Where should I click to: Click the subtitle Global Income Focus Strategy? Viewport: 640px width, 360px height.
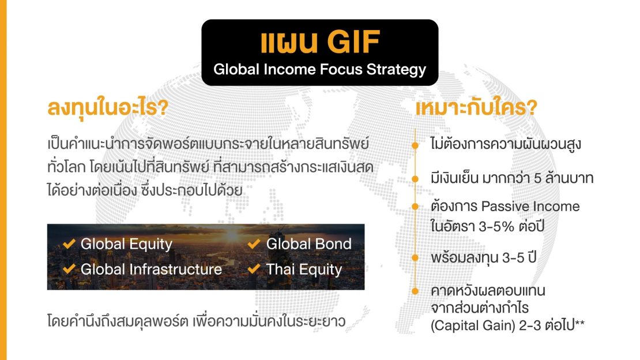319,69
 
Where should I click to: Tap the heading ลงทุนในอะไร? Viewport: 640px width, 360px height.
108,108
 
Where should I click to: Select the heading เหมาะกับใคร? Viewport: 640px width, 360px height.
476,108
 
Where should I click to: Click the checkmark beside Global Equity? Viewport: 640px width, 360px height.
69,244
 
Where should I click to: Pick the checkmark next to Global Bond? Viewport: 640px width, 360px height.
254,244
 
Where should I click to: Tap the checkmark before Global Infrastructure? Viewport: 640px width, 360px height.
69,269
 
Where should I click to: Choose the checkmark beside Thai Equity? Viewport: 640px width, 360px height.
254,269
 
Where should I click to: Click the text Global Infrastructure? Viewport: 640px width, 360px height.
152,269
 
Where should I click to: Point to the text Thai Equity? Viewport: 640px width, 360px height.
304,269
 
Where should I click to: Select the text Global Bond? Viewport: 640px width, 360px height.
308,244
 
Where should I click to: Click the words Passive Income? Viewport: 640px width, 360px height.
530,207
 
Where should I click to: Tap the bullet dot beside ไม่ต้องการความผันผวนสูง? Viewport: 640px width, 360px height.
415,145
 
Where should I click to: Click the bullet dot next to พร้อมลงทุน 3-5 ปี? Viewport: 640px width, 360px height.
415,258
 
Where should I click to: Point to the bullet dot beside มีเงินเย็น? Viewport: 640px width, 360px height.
415,179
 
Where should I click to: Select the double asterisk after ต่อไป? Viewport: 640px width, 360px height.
579,324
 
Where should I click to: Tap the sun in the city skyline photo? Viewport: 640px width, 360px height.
232,235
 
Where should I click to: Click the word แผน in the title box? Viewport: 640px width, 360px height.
289,42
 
